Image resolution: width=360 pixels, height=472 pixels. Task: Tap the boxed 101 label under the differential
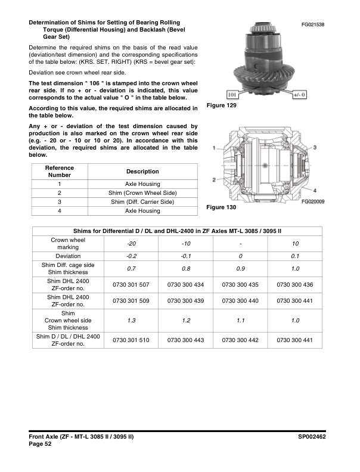tap(233, 94)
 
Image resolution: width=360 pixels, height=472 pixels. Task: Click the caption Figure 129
tap(221, 105)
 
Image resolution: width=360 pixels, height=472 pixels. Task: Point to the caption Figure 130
tap(221, 207)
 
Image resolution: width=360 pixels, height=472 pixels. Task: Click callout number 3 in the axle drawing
tap(315, 147)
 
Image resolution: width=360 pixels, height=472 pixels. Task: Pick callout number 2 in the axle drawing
tap(213, 180)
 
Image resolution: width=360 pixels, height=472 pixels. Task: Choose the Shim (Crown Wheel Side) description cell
tap(142, 193)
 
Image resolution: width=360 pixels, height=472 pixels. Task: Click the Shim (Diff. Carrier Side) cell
tap(142, 202)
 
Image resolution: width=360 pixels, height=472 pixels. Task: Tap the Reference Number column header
tap(60, 172)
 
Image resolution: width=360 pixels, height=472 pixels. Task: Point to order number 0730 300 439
tap(186, 301)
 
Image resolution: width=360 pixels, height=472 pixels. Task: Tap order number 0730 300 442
tap(241, 340)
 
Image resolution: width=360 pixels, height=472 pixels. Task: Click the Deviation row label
tap(68, 256)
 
